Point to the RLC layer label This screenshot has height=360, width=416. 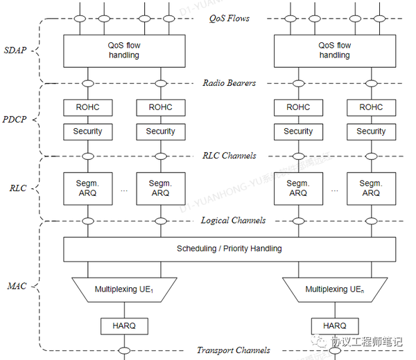(18, 188)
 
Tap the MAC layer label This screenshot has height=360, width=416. (17, 285)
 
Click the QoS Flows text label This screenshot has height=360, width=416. (229, 18)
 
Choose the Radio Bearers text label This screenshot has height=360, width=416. (229, 83)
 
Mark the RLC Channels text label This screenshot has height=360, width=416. (229, 155)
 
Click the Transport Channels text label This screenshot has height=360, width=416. (234, 350)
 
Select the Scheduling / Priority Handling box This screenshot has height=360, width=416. (229, 249)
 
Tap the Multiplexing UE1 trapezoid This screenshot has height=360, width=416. (125, 289)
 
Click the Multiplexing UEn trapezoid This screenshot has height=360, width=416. (335, 289)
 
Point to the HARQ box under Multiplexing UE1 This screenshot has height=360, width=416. (125, 325)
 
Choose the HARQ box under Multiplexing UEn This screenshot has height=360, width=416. (335, 325)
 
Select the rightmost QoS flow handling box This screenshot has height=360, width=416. (335, 51)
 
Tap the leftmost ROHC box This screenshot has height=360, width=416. (88, 107)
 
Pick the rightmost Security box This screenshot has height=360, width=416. (371, 131)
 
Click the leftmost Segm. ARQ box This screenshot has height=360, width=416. (88, 188)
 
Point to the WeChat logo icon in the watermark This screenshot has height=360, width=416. (320, 341)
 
